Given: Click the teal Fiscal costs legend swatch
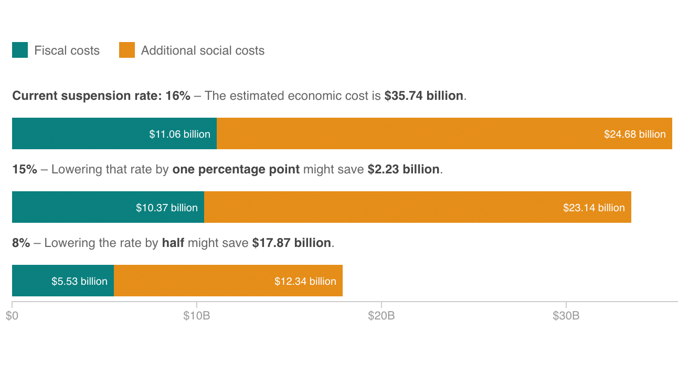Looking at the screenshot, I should click(20, 50).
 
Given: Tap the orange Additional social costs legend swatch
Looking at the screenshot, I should click(127, 50).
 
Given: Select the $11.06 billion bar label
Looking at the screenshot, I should click(179, 134).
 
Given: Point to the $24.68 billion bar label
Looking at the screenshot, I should click(634, 134).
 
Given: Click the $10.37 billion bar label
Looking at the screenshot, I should click(166, 208).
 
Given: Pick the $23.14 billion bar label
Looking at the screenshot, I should click(594, 208).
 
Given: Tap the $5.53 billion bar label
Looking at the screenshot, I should click(79, 281).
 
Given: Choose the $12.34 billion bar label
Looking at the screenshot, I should click(305, 281).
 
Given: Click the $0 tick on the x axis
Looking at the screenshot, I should click(12, 316).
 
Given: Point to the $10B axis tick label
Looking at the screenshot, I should click(197, 316).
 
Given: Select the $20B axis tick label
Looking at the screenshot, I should click(382, 316).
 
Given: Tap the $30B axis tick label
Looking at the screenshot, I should click(566, 316).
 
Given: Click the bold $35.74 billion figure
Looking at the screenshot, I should click(423, 96).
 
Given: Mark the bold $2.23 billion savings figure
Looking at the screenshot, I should click(403, 170).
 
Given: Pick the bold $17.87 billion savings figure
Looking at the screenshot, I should click(291, 243).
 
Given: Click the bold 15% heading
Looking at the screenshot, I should click(24, 170).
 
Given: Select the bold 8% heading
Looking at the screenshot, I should click(21, 243).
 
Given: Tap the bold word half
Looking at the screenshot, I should click(173, 243).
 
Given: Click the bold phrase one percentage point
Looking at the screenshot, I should click(236, 170).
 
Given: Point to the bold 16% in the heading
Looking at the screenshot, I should click(177, 96).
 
